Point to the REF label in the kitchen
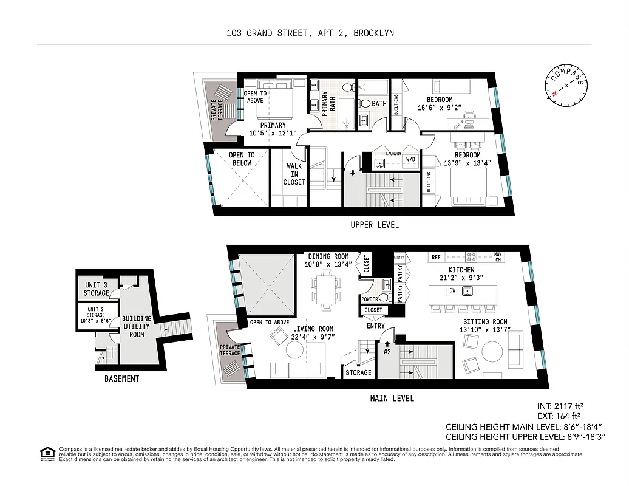[436, 258]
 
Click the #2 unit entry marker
[387, 351]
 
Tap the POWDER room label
[370, 299]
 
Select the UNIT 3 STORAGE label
[97, 289]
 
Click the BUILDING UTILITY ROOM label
[137, 326]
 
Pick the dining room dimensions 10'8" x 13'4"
[328, 264]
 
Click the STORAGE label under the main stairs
[358, 372]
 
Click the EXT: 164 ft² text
[560, 416]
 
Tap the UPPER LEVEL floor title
[375, 225]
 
